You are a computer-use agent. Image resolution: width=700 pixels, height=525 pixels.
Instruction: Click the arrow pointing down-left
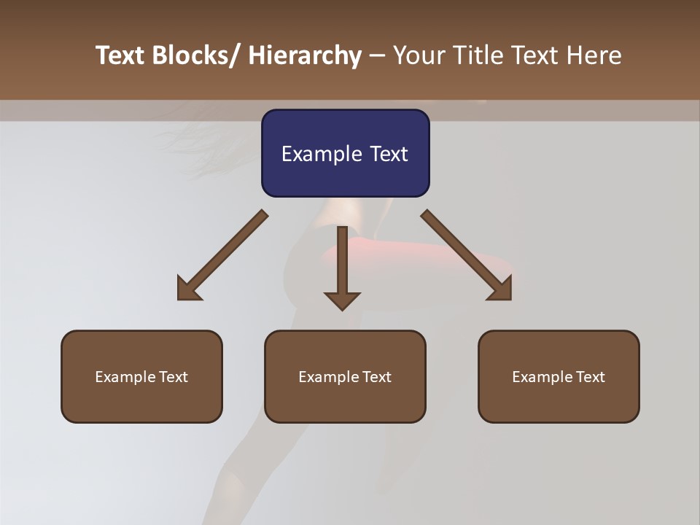click(x=222, y=254)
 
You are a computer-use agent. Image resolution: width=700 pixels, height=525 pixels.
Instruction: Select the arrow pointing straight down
click(x=342, y=267)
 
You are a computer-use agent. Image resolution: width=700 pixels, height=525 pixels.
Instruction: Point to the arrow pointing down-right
click(x=467, y=254)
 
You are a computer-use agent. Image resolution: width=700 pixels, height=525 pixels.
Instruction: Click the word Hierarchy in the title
click(x=305, y=55)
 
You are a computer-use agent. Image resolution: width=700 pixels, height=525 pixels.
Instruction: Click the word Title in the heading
click(x=478, y=55)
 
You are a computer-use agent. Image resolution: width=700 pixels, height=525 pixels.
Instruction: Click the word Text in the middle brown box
click(x=375, y=377)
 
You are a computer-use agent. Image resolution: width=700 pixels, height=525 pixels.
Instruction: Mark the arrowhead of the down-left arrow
click(x=188, y=289)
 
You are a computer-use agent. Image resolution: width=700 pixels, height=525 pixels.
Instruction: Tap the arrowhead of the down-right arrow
click(x=501, y=289)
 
